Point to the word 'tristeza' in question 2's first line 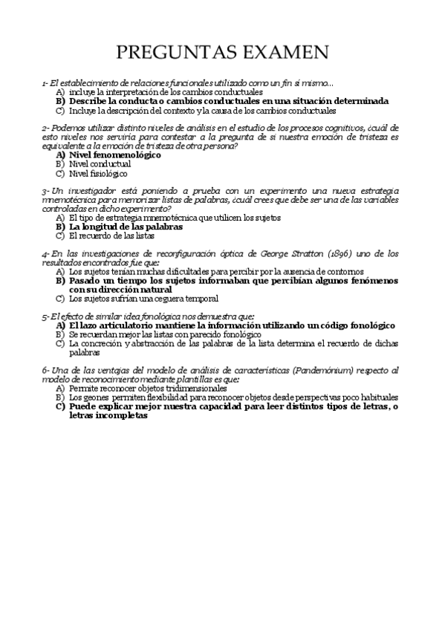[376, 137]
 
